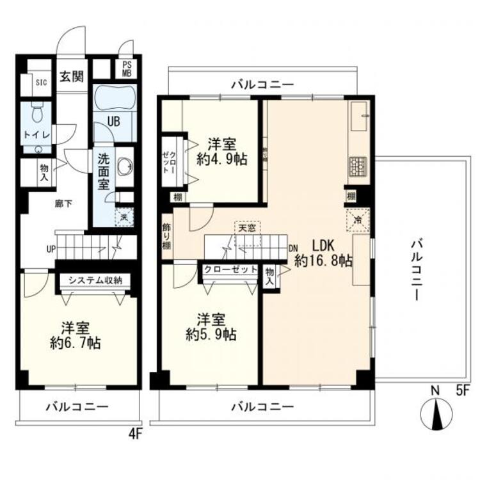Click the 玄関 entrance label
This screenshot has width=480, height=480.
click(x=72, y=77)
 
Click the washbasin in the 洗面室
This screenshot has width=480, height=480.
click(x=126, y=166)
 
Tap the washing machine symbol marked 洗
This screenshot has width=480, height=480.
click(x=124, y=216)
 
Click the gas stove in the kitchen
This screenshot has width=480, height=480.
click(x=358, y=168)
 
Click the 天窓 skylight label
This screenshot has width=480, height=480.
click(x=247, y=227)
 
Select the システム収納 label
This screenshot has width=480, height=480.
click(x=95, y=280)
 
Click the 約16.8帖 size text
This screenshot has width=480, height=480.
click(x=323, y=260)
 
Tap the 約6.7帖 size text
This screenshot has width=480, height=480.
click(x=75, y=342)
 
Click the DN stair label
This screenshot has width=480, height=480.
click(x=293, y=248)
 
